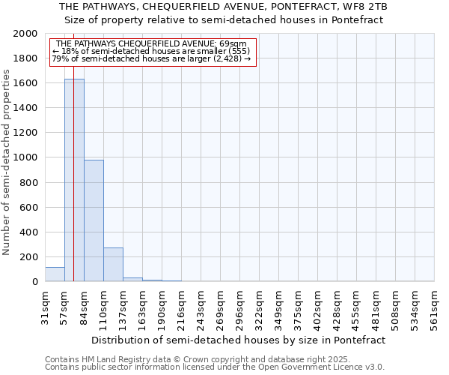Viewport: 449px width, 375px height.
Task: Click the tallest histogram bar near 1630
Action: coord(74,180)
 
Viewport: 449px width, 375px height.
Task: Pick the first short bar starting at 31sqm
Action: coord(55,274)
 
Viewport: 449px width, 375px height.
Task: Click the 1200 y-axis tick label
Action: coord(25,133)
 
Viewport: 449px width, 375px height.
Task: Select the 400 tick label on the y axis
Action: coord(28,232)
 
